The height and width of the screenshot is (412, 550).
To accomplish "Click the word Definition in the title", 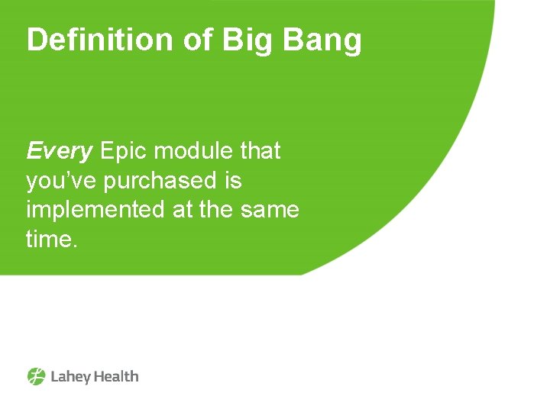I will pos(100,40).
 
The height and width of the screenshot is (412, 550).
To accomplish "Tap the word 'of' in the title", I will pos(198,40).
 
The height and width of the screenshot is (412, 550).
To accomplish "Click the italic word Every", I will pos(59,152).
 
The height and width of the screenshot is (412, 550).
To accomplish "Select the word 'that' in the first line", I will pos(260,151).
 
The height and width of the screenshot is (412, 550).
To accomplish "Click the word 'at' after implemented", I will pos(183,210).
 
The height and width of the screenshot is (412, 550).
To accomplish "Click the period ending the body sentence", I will pos(76,246).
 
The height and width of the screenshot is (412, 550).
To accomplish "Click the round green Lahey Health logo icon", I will pos(37,376).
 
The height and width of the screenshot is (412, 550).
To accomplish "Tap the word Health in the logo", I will pos(116,376).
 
